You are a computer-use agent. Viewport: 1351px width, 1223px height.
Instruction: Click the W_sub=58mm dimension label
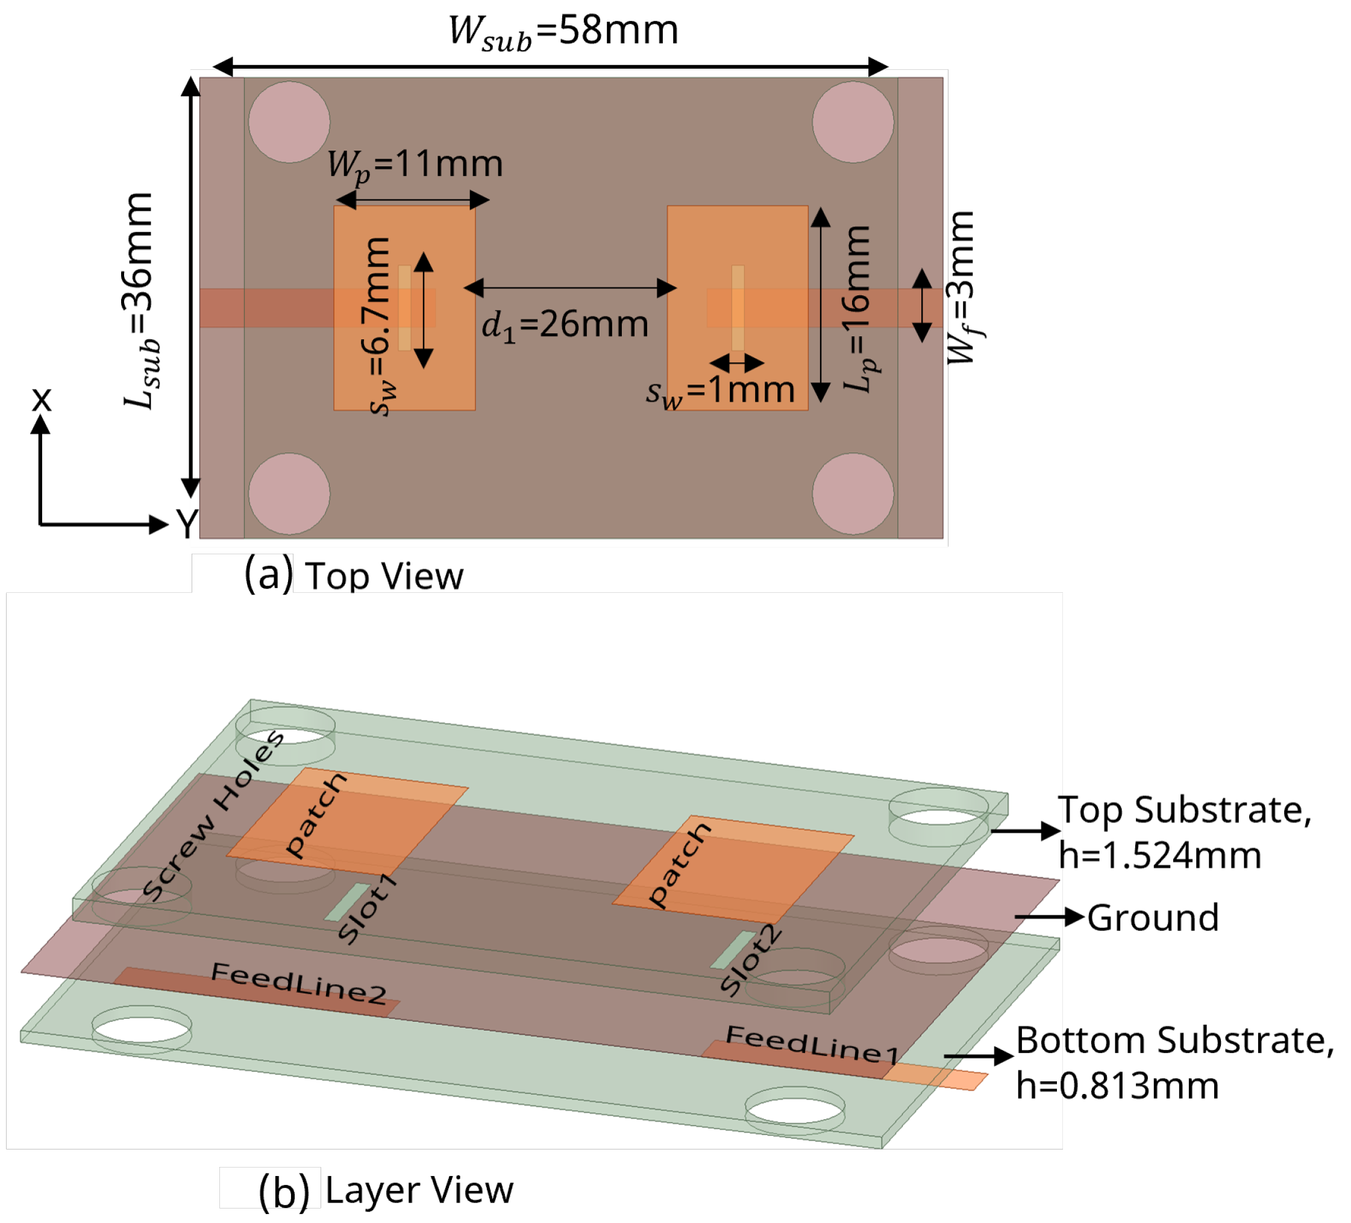[x=563, y=31]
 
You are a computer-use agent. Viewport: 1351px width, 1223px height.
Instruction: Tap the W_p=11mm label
[x=415, y=165]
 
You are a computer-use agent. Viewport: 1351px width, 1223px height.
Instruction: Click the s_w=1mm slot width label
[x=721, y=390]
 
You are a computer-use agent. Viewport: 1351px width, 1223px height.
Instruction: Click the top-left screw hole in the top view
[x=289, y=122]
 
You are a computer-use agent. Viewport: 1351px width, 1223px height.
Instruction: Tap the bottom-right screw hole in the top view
[x=853, y=495]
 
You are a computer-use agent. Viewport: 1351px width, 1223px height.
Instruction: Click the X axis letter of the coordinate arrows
[x=42, y=399]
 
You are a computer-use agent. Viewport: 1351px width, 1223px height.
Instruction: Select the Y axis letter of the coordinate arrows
[x=187, y=524]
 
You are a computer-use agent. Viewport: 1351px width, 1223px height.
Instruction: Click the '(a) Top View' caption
[x=353, y=575]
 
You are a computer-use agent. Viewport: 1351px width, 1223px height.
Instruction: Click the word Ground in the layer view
[x=1153, y=918]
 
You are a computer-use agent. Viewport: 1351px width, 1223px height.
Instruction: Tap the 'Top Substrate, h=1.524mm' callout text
[x=1183, y=833]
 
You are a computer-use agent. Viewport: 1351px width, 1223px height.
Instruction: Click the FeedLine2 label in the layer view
[x=299, y=984]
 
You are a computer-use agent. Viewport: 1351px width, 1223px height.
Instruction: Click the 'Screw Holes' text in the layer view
[x=213, y=816]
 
